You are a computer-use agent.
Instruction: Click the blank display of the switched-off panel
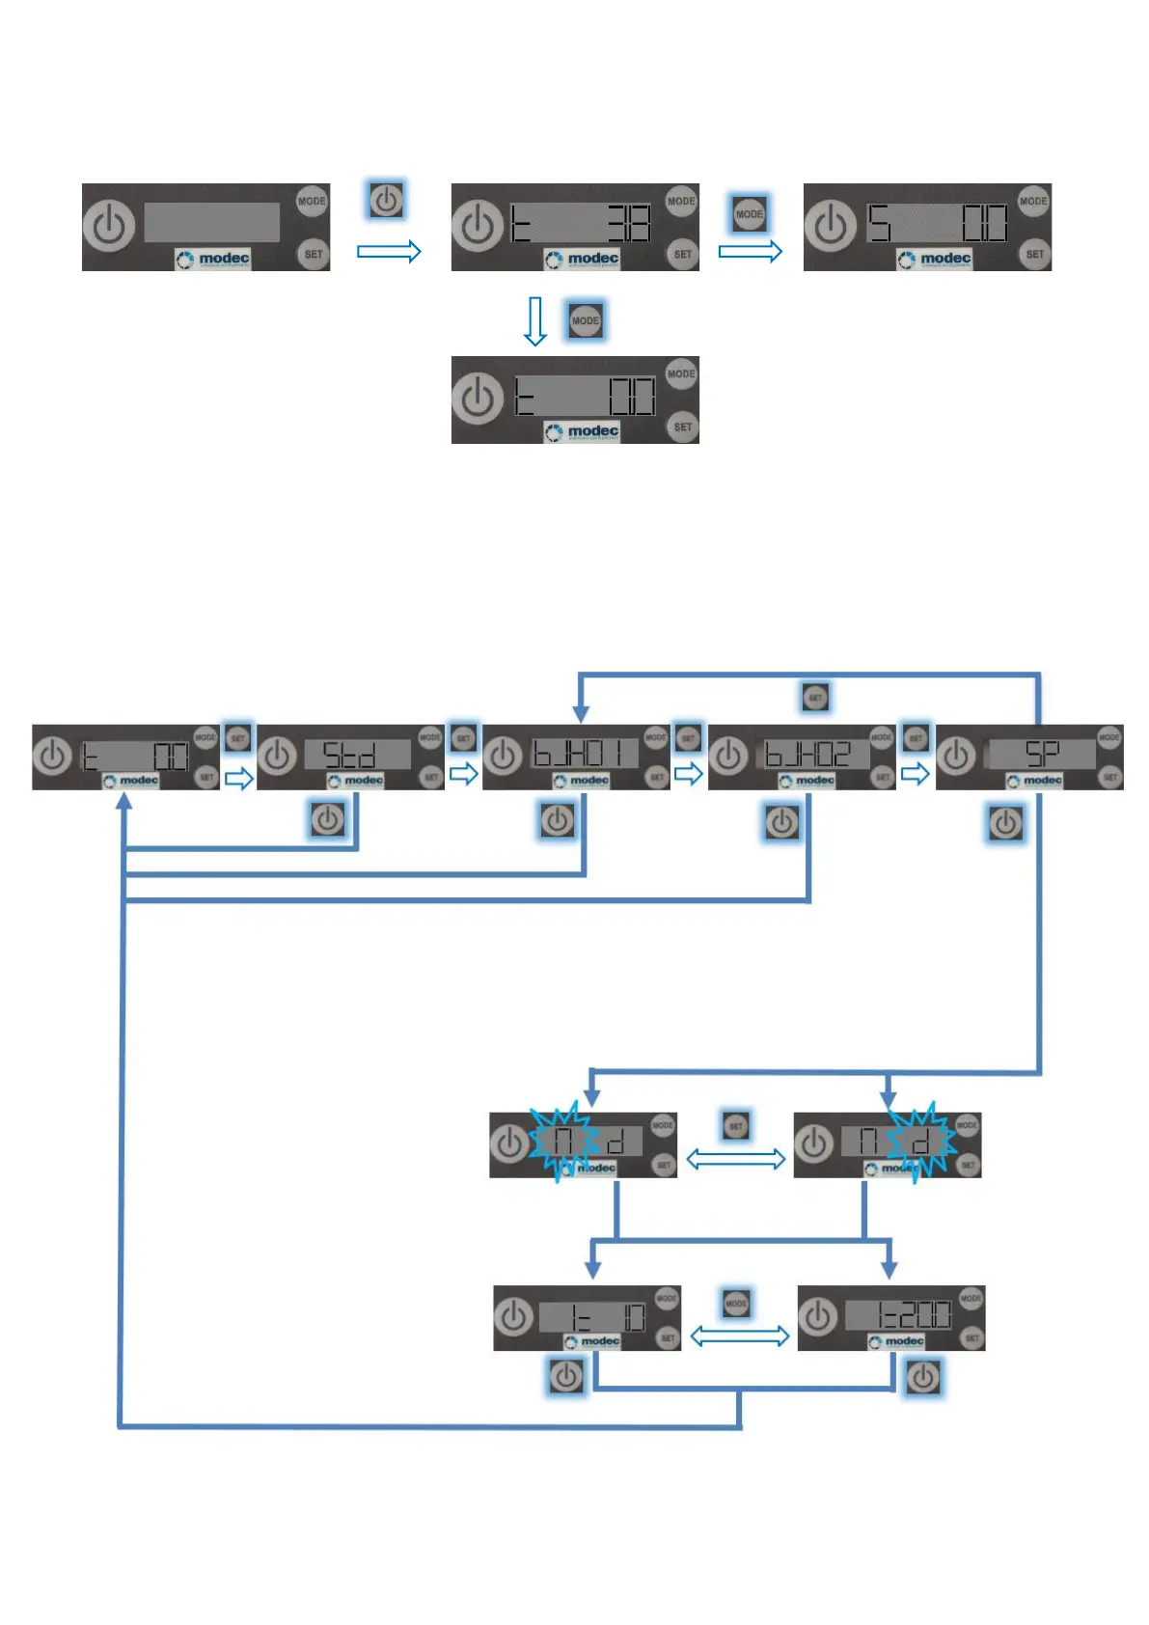pyautogui.click(x=211, y=222)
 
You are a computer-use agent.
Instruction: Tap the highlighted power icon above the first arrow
pyautogui.click(x=386, y=201)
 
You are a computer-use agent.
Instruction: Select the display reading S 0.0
pyautogui.click(x=936, y=224)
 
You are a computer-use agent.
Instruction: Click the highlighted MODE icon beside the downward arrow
pyautogui.click(x=586, y=320)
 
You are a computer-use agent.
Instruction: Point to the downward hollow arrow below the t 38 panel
pyautogui.click(x=535, y=321)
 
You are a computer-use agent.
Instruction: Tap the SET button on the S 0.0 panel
pyautogui.click(x=1035, y=255)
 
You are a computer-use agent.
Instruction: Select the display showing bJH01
pyautogui.click(x=585, y=754)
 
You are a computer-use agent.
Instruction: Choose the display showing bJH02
pyautogui.click(x=808, y=754)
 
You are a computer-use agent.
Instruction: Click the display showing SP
pyautogui.click(x=1040, y=754)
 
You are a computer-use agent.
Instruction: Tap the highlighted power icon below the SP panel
pyautogui.click(x=1005, y=823)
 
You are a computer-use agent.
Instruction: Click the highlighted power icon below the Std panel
pyautogui.click(x=328, y=820)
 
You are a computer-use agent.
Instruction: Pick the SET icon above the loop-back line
pyautogui.click(x=815, y=697)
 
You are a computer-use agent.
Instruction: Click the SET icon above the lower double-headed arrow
pyautogui.click(x=736, y=1125)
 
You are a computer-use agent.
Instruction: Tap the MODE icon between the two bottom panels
pyautogui.click(x=736, y=1304)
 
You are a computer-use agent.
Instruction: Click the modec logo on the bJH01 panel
pyautogui.click(x=583, y=780)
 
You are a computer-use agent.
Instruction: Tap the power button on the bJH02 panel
pyautogui.click(x=729, y=756)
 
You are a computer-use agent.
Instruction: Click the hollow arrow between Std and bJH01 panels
pyautogui.click(x=464, y=774)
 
